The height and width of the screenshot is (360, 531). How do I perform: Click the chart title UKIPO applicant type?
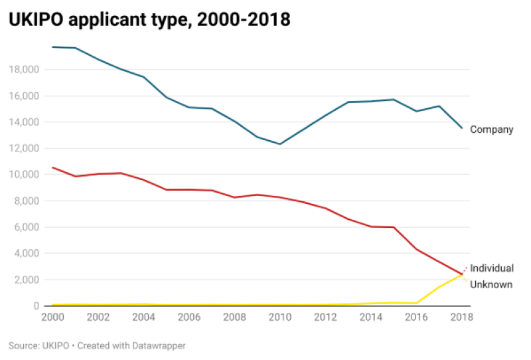tap(149, 20)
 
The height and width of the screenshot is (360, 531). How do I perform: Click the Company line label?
tap(491, 130)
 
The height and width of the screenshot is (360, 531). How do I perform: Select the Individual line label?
tap(491, 268)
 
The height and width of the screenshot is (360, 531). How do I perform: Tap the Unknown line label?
tap(491, 284)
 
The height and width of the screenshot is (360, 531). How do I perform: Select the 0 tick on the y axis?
tap(35, 306)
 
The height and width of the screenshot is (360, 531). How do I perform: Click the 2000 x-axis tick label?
tap(52, 317)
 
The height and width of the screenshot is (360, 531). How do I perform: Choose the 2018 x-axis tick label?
tap(461, 317)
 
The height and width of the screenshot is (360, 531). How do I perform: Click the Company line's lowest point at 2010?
tap(280, 144)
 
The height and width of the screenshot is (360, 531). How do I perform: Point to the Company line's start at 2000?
tap(52, 47)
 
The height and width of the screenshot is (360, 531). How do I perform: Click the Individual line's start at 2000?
tap(52, 167)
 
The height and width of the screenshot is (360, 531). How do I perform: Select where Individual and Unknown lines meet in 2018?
tap(462, 274)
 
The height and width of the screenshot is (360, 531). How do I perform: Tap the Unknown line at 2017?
tap(439, 287)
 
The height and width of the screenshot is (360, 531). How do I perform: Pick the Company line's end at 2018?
tap(462, 128)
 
